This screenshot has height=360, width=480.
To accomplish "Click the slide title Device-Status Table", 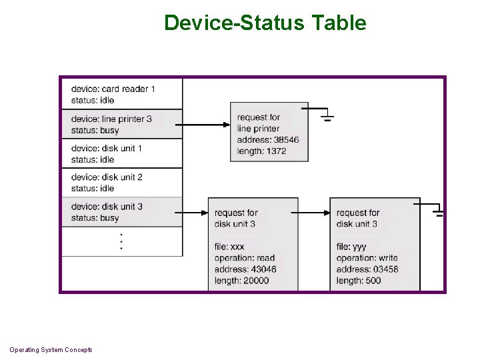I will tap(265, 23).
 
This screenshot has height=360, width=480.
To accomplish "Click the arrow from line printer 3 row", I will tap(206, 125).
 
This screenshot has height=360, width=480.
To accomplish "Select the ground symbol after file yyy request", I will tap(438, 213).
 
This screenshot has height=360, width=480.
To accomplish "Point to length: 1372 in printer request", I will tap(261, 151).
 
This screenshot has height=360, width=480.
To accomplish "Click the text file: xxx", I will tap(229, 247).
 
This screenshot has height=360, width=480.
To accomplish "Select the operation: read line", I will tap(244, 258).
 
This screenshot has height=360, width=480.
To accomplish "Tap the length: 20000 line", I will tap(241, 281).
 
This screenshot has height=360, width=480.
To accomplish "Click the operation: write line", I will tap(367, 258).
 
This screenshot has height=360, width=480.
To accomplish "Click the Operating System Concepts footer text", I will tap(51, 350).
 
